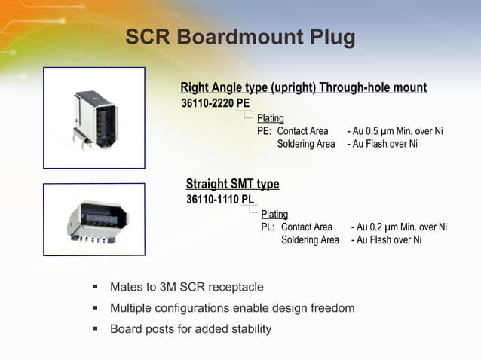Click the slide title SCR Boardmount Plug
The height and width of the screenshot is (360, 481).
pos(240,38)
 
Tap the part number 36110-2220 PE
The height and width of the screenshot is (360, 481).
pos(216,103)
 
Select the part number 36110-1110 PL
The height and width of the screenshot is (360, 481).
pos(220,200)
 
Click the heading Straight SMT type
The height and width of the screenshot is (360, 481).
pos(232,184)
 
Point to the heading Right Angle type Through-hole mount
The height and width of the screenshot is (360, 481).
pos(303,88)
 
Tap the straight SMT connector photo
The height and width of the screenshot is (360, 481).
pos(93,216)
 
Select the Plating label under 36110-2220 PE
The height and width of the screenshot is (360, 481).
pos(270,118)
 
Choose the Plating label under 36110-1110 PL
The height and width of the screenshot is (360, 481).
pos(274,215)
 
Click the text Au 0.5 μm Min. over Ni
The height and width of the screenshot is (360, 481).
pos(398,131)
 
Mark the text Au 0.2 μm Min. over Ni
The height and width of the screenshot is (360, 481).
pos(402,227)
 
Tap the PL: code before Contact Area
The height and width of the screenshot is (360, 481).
pos(268,227)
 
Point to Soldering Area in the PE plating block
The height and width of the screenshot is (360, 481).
pos(305,144)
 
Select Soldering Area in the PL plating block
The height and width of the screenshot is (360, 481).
pos(310,240)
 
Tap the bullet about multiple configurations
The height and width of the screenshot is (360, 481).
pos(232,308)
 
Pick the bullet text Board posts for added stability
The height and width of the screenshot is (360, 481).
pos(191,329)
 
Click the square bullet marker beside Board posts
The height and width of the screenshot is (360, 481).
pos(95,329)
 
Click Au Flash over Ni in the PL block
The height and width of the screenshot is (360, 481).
pos(389,240)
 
